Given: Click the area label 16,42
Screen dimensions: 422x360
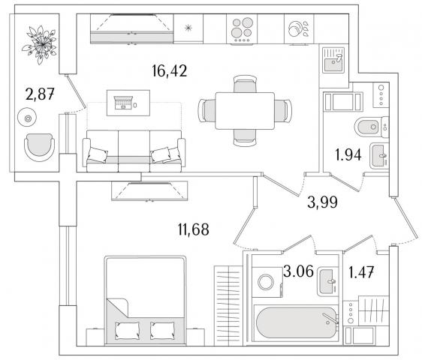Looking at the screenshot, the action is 169,71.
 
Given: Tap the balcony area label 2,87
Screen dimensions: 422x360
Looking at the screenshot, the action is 40,94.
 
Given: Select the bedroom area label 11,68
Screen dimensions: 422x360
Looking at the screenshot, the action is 193,229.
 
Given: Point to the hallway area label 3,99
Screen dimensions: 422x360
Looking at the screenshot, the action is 322,202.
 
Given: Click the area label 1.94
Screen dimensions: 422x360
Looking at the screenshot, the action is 348,154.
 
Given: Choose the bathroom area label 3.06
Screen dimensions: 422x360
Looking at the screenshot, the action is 298,271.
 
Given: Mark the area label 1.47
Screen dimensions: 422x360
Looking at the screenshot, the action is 361,272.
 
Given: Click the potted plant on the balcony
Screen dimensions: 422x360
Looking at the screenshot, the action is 40,44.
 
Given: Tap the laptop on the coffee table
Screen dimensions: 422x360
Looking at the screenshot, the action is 124,103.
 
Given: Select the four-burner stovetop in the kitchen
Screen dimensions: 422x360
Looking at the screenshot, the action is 242,29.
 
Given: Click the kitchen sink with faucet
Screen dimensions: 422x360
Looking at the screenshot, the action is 333,60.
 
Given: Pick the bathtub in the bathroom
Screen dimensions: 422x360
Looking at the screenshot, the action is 296,323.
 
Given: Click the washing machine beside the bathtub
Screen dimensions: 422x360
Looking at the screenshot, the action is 267,282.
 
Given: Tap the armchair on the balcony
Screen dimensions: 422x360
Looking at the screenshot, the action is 40,147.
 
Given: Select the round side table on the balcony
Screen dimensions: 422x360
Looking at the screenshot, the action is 27,118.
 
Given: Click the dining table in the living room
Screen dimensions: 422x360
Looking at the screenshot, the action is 245,111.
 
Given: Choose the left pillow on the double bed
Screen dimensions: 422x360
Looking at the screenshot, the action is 128,330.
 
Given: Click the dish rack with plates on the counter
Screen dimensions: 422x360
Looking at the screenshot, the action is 299,28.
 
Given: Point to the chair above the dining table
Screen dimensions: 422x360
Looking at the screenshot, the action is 245,84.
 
